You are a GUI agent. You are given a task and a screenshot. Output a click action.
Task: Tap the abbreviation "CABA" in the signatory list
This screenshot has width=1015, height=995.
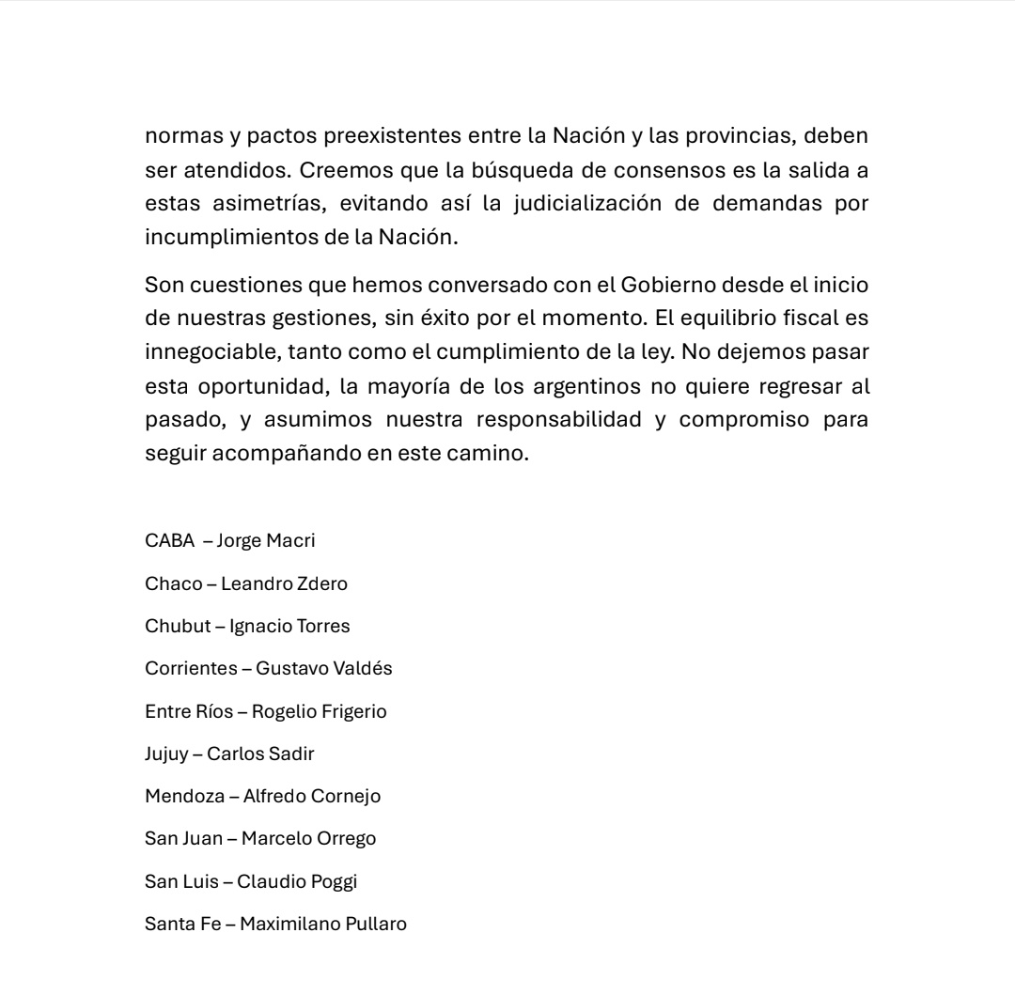click(x=169, y=540)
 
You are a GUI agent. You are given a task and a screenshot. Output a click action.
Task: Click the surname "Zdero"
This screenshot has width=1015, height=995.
click(x=322, y=583)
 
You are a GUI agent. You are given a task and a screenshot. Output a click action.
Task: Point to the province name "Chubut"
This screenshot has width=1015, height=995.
click(x=178, y=626)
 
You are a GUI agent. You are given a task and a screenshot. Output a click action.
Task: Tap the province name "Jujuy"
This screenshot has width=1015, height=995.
click(x=166, y=754)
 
